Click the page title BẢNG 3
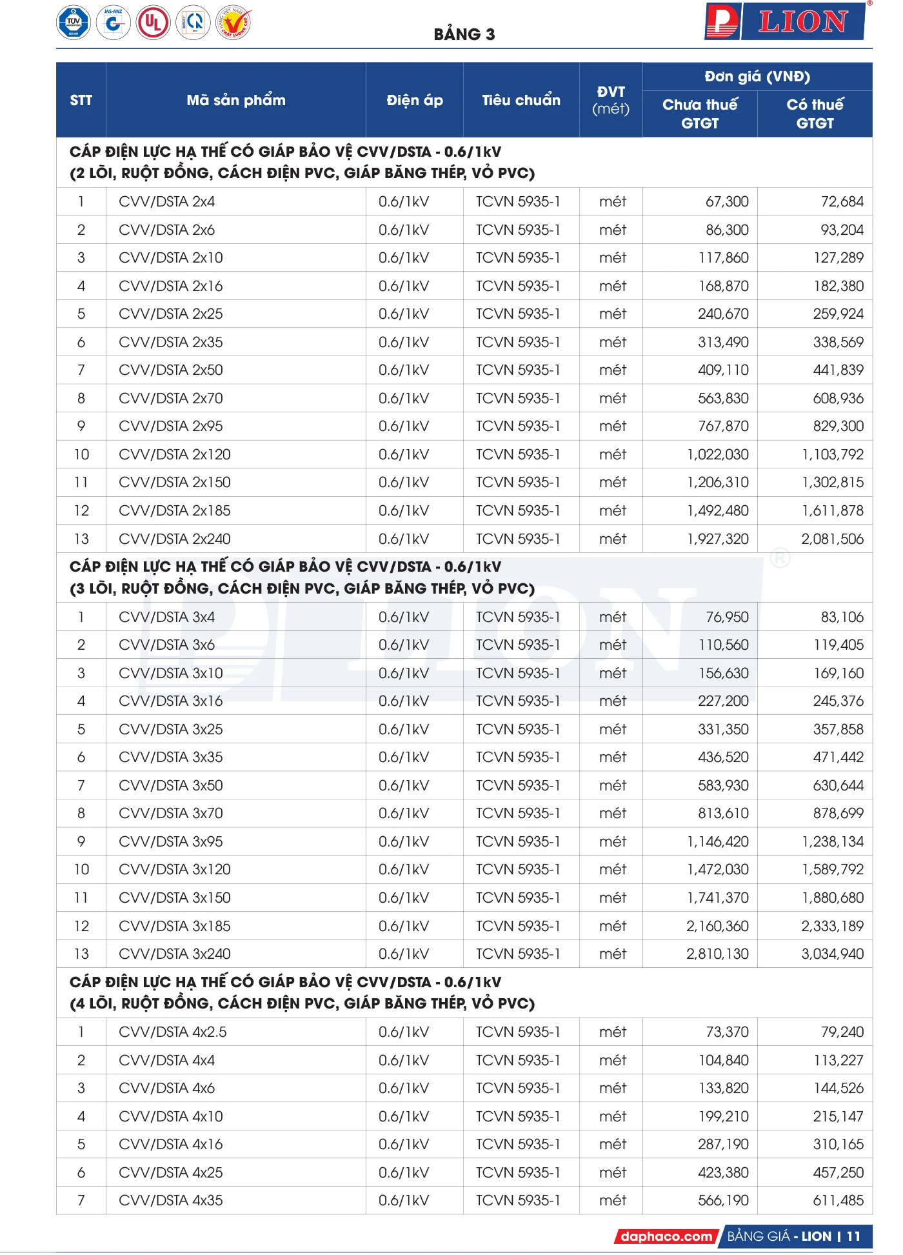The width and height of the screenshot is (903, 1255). (x=464, y=34)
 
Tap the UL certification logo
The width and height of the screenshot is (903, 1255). (x=153, y=23)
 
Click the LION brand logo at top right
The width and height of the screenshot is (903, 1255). (x=786, y=22)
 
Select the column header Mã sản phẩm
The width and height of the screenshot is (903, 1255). (x=236, y=100)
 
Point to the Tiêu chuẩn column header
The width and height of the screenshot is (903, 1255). (x=521, y=100)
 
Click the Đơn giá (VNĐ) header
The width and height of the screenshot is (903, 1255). (x=757, y=77)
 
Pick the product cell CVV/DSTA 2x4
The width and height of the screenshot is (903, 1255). (x=167, y=202)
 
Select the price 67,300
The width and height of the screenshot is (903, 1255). (x=727, y=202)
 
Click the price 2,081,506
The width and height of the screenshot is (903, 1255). (x=832, y=539)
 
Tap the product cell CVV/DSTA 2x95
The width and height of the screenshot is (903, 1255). (x=171, y=427)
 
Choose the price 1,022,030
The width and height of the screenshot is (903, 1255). (x=718, y=454)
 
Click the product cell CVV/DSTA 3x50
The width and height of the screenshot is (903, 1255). (x=171, y=785)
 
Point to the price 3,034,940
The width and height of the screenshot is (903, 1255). (x=832, y=954)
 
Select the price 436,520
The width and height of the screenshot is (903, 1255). (x=723, y=758)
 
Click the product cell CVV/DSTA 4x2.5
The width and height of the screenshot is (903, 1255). (x=173, y=1032)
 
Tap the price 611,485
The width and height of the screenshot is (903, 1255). (x=838, y=1200)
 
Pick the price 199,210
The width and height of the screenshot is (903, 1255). (x=723, y=1116)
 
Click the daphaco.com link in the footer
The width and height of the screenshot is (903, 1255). (x=666, y=1236)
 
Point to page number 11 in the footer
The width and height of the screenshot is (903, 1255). (x=853, y=1236)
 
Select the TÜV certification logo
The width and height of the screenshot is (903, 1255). (x=74, y=23)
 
